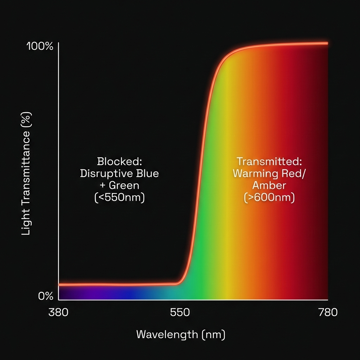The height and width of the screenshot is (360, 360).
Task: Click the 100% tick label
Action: click(40, 46)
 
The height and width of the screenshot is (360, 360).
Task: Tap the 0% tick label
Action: click(46, 296)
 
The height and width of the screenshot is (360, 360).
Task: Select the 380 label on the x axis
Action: click(58, 312)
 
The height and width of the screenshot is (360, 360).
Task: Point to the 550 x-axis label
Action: click(180, 312)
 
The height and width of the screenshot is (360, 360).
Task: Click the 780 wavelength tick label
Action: click(327, 312)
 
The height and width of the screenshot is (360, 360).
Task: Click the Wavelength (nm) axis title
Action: click(180, 334)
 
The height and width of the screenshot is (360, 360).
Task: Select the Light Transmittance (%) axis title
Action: click(27, 174)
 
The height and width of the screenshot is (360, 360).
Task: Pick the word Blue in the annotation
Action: click(147, 173)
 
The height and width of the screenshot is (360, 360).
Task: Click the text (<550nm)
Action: click(120, 197)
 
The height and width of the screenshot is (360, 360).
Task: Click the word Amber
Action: click(269, 185)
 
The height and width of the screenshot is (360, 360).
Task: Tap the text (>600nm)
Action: click(269, 197)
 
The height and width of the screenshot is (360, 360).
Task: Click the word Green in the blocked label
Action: click(124, 185)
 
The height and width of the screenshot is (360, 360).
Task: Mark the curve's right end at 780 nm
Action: click(327, 43)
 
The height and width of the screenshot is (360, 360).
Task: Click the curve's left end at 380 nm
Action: click(59, 284)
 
